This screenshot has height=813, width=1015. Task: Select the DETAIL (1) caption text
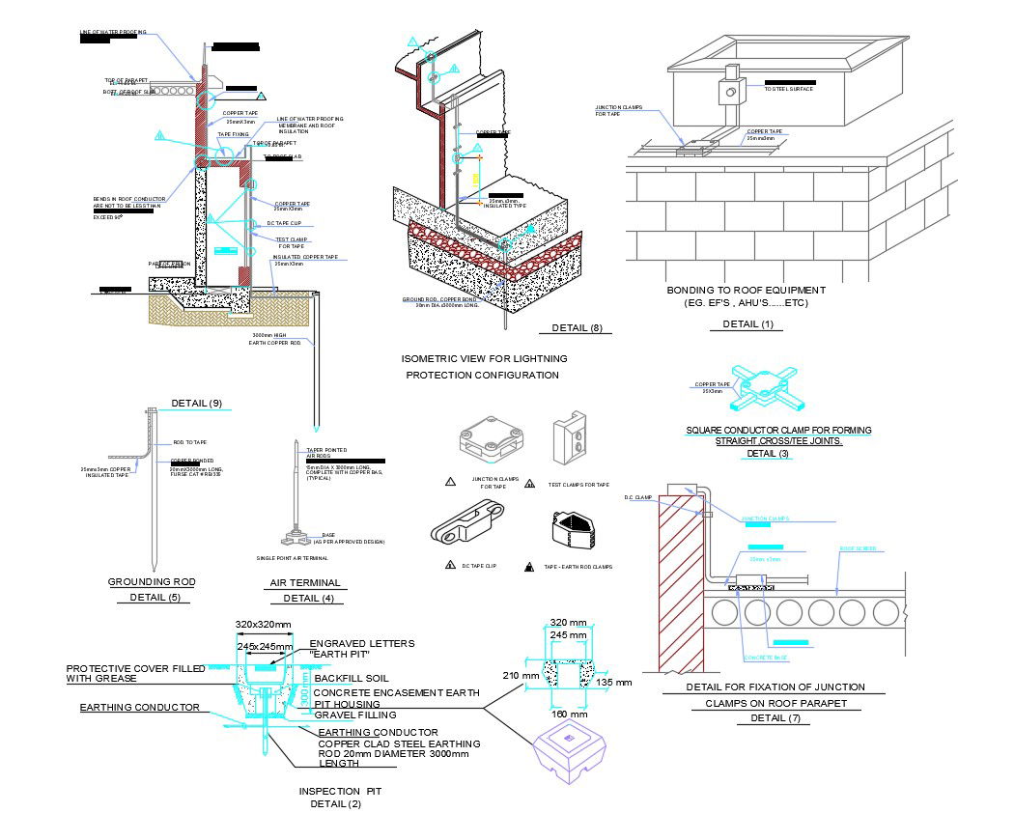(x=753, y=324)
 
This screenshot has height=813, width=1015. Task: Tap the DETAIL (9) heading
(x=196, y=403)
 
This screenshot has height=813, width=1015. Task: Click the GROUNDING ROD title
(x=152, y=582)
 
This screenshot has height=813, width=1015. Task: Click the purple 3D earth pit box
(x=571, y=750)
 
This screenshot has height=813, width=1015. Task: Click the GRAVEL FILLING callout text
(x=355, y=715)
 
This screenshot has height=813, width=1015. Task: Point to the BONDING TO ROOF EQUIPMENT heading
(x=747, y=290)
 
